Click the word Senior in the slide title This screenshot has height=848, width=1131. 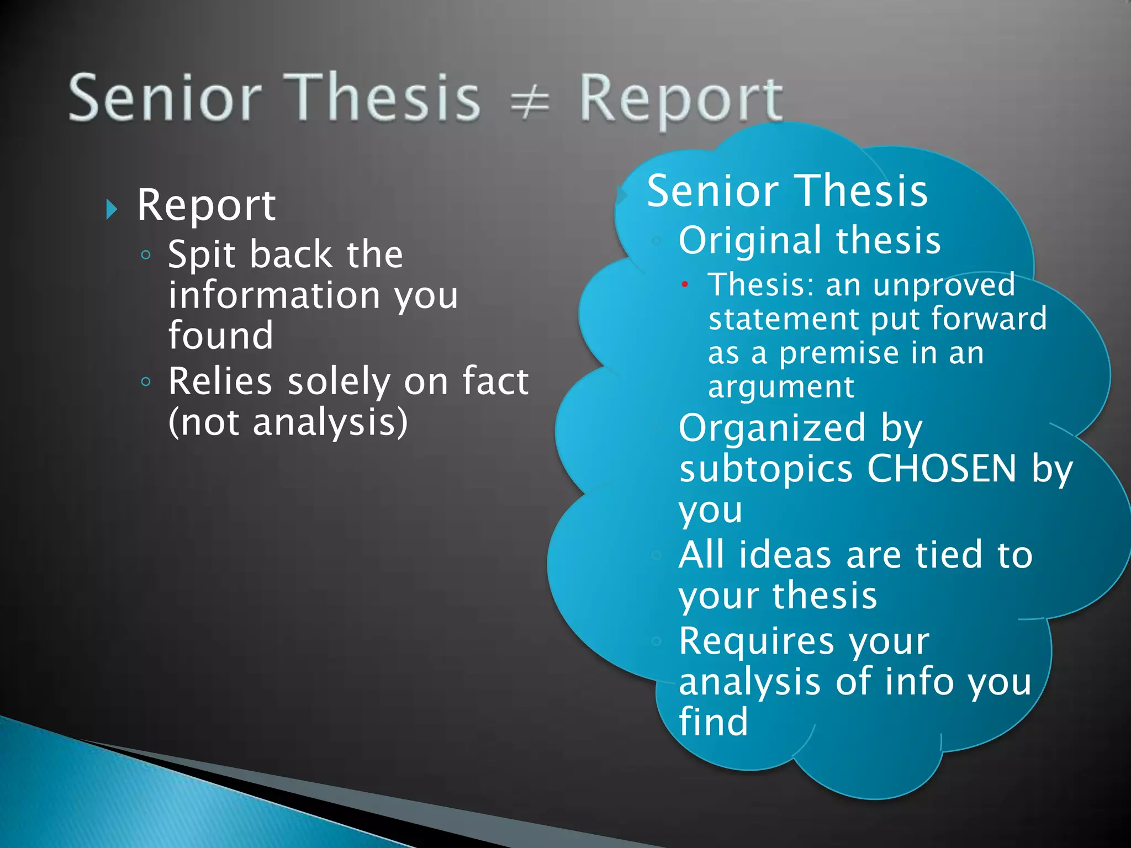pos(165,98)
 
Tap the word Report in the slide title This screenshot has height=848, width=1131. pos(680,99)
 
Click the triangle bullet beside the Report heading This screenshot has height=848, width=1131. pos(112,209)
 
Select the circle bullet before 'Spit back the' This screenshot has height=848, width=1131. pos(146,255)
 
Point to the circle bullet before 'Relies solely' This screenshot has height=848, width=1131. pos(146,381)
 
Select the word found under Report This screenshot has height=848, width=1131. pos(221,336)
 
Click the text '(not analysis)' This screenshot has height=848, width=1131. pos(288,422)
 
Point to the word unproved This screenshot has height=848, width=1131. pos(944,285)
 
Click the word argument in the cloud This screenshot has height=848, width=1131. pos(781,387)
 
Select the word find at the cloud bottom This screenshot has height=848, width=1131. pos(714,722)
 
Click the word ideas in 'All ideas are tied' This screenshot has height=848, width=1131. pos(785,555)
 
